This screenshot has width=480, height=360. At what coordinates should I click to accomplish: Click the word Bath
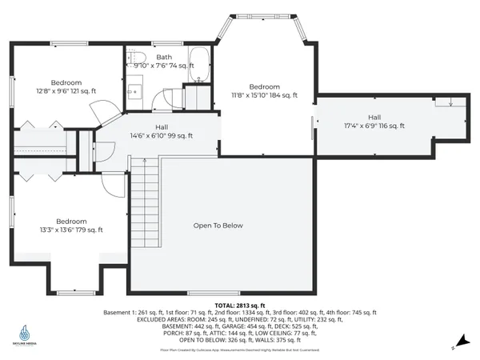tap(164, 57)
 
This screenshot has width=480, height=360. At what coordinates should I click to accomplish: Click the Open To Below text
tap(218, 226)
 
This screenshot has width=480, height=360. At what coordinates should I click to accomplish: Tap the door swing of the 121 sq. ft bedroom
tap(101, 114)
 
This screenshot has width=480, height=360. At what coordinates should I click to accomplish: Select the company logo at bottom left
tap(26, 331)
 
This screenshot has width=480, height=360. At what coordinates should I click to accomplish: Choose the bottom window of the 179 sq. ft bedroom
tap(72, 292)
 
